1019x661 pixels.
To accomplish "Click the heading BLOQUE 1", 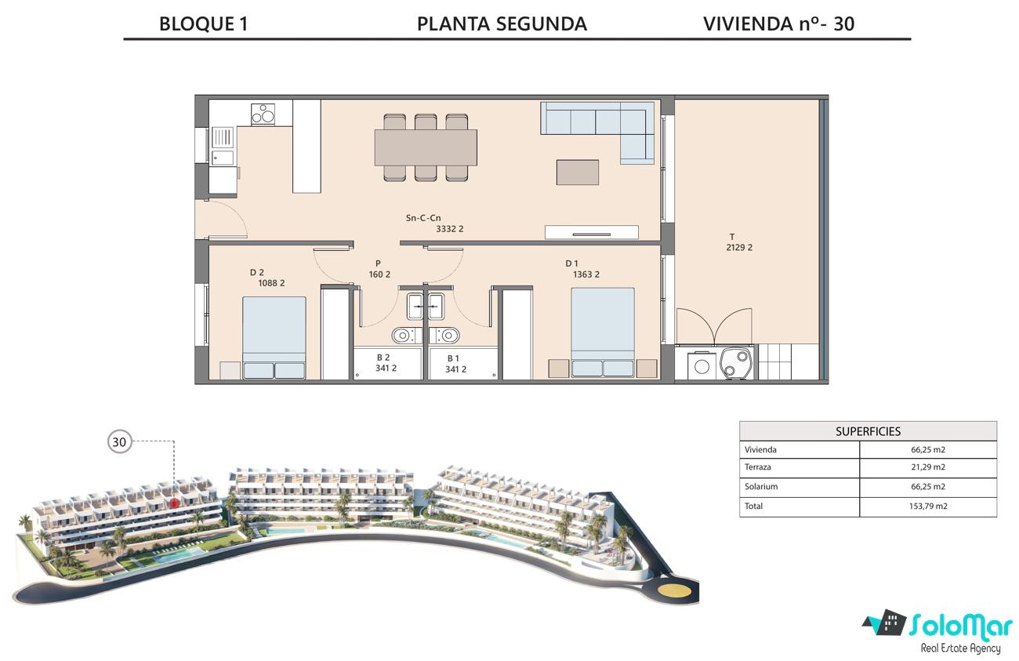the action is click(x=203, y=24).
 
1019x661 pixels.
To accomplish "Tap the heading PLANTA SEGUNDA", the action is click(x=502, y=24).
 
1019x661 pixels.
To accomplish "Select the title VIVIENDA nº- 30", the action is click(x=778, y=24).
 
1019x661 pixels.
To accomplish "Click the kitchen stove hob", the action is click(x=263, y=114).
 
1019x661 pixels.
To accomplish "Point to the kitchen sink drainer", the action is click(x=223, y=137).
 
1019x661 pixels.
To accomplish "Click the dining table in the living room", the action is click(x=426, y=147).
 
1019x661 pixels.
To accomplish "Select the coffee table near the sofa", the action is click(x=577, y=173).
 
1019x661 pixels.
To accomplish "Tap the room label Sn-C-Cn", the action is click(x=423, y=218).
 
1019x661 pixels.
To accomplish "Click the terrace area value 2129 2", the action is click(x=739, y=248).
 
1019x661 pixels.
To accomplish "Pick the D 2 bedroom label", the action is click(x=256, y=273).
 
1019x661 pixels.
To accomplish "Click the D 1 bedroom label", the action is click(x=572, y=263).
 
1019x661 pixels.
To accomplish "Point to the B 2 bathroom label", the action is click(x=383, y=358).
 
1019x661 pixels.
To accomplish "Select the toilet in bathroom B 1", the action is click(x=444, y=336).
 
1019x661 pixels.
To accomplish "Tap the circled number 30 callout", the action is click(x=120, y=441).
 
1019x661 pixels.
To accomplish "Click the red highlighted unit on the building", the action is click(x=174, y=503).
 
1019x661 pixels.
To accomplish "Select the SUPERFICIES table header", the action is click(x=868, y=431).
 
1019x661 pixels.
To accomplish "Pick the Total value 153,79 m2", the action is click(x=928, y=506).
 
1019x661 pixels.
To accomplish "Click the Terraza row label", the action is click(x=757, y=467).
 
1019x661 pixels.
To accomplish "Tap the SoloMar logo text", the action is click(x=960, y=626).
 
